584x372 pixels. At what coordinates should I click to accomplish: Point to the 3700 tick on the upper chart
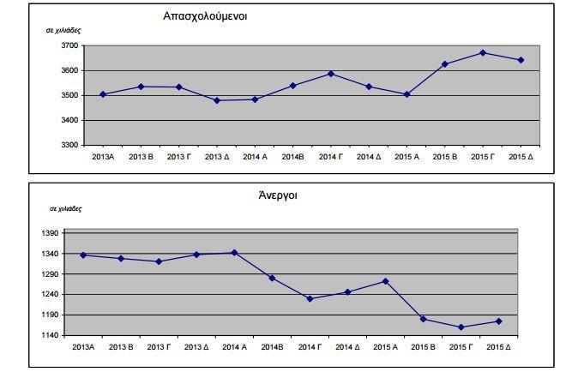pos(69,45)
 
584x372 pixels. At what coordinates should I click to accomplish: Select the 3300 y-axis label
pos(69,145)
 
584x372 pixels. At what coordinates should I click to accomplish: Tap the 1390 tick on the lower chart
pos(50,233)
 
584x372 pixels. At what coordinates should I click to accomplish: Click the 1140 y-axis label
pos(50,335)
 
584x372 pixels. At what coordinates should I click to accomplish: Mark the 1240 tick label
pos(50,294)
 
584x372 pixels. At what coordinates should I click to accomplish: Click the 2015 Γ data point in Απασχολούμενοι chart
pos(483,53)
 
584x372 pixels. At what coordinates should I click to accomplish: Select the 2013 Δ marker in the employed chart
pos(217,100)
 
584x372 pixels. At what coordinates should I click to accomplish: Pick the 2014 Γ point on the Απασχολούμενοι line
pos(331,74)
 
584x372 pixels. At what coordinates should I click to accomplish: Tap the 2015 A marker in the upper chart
pos(406,94)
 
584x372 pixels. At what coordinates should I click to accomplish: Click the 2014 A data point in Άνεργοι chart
pos(233,253)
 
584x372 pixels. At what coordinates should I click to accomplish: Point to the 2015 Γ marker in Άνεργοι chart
pos(461,327)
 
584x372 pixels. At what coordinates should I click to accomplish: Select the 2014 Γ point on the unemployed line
pos(310,298)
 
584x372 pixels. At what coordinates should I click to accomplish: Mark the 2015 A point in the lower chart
pos(385,281)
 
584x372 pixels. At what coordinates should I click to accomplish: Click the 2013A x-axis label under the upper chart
pos(102,157)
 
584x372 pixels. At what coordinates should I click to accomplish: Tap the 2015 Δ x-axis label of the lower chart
pos(499,347)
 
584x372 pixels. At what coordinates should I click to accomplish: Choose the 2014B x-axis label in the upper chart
pos(292,157)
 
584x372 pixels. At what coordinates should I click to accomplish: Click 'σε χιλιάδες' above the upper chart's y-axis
pos(64,29)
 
